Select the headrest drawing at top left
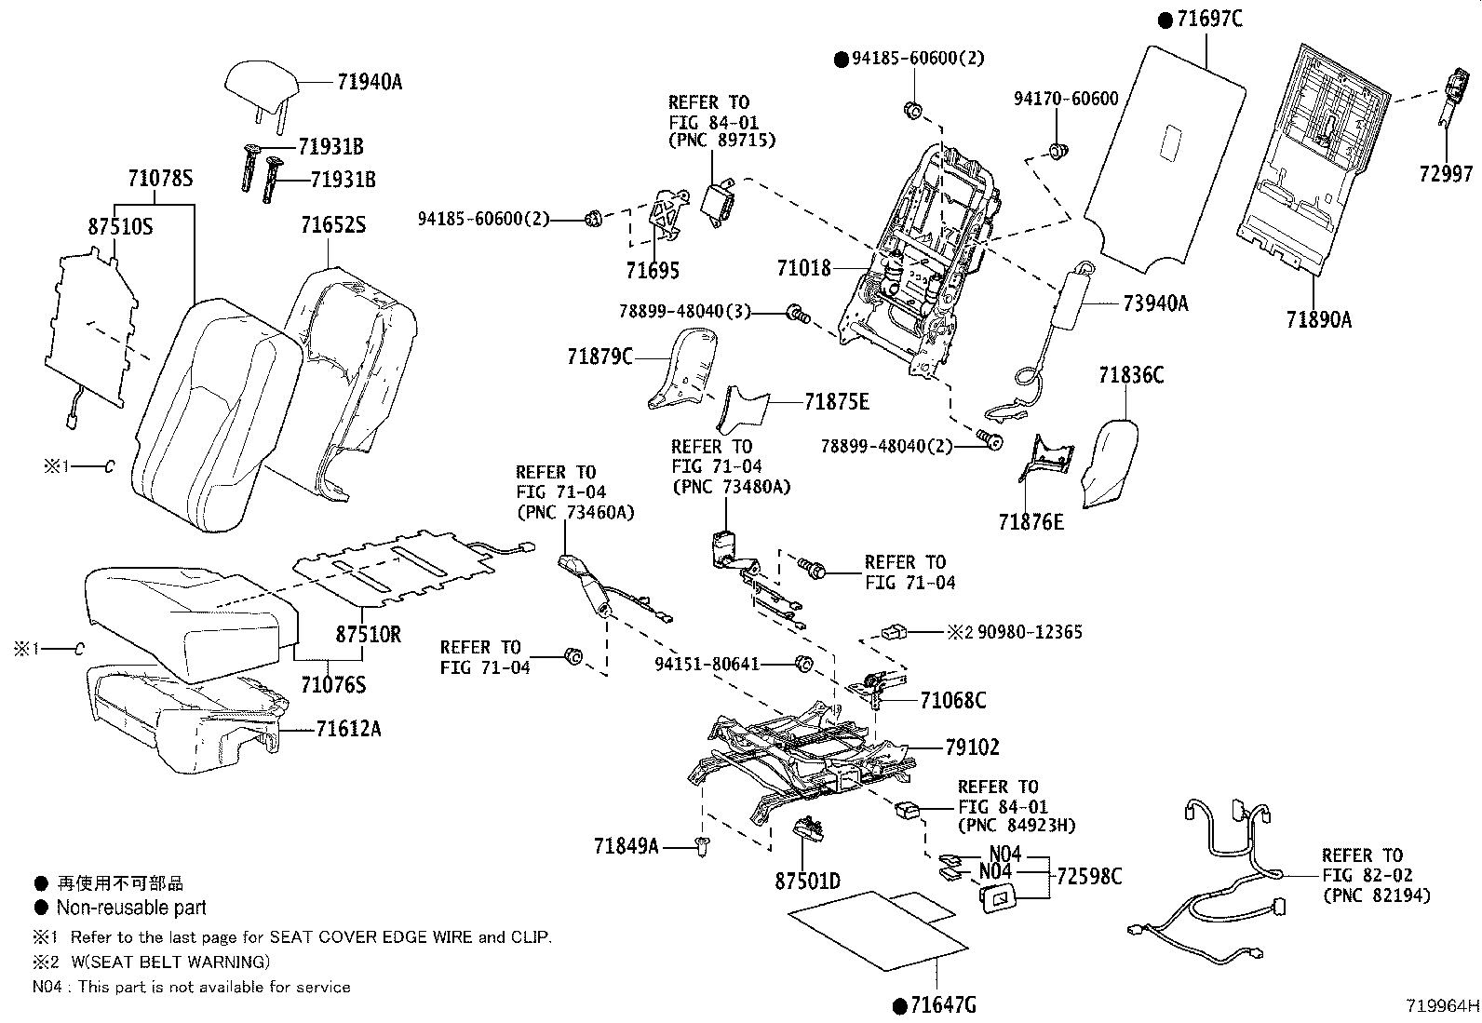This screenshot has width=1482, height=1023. [263, 82]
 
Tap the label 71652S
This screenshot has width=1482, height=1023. [332, 225]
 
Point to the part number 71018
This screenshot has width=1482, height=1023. [803, 269]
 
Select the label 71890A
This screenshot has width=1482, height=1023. [1318, 319]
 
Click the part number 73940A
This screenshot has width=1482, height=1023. [1155, 303]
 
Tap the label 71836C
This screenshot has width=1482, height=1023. [1130, 375]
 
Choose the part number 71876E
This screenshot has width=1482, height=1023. [1031, 522]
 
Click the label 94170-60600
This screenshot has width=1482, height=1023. [1066, 99]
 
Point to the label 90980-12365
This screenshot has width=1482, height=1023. [1030, 632]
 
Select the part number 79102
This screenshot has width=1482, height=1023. [972, 747]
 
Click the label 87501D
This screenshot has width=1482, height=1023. [807, 881]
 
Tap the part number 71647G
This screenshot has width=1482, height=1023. [944, 1005]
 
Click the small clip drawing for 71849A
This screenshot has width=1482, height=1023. [702, 846]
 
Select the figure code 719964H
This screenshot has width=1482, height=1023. [1442, 1005]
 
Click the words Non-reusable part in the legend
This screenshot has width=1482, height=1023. [131, 908]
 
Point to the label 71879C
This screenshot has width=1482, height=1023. [600, 357]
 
